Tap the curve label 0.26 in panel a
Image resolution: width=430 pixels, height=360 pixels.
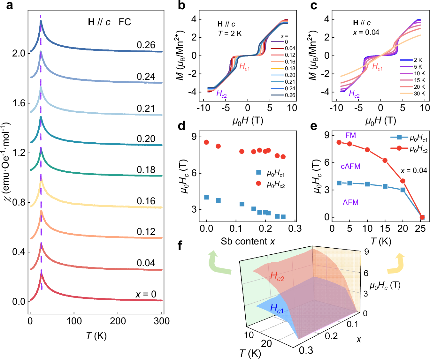[146, 45]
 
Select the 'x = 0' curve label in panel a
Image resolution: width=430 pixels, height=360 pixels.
[146, 294]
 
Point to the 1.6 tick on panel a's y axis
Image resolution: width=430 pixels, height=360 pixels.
[19, 103]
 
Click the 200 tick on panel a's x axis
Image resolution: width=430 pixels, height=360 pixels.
[118, 321]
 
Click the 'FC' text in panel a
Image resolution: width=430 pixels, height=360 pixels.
[125, 22]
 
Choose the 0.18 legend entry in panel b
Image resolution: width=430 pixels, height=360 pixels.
[283, 68]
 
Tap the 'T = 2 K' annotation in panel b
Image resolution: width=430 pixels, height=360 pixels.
[230, 34]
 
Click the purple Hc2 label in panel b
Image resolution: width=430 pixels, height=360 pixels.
[221, 94]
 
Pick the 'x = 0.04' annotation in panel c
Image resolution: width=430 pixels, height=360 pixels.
[366, 32]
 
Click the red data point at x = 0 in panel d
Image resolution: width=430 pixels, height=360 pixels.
[206, 142]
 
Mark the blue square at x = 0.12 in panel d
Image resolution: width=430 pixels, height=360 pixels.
[242, 204]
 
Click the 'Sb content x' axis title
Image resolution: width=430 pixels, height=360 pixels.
[248, 241]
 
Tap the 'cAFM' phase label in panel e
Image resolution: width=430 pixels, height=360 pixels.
[350, 166]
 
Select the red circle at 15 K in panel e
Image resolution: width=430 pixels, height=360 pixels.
[385, 161]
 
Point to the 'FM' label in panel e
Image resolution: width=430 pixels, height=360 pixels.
[350, 135]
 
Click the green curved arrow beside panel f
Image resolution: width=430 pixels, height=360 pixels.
[219, 263]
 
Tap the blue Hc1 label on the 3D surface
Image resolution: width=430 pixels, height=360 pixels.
[276, 308]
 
